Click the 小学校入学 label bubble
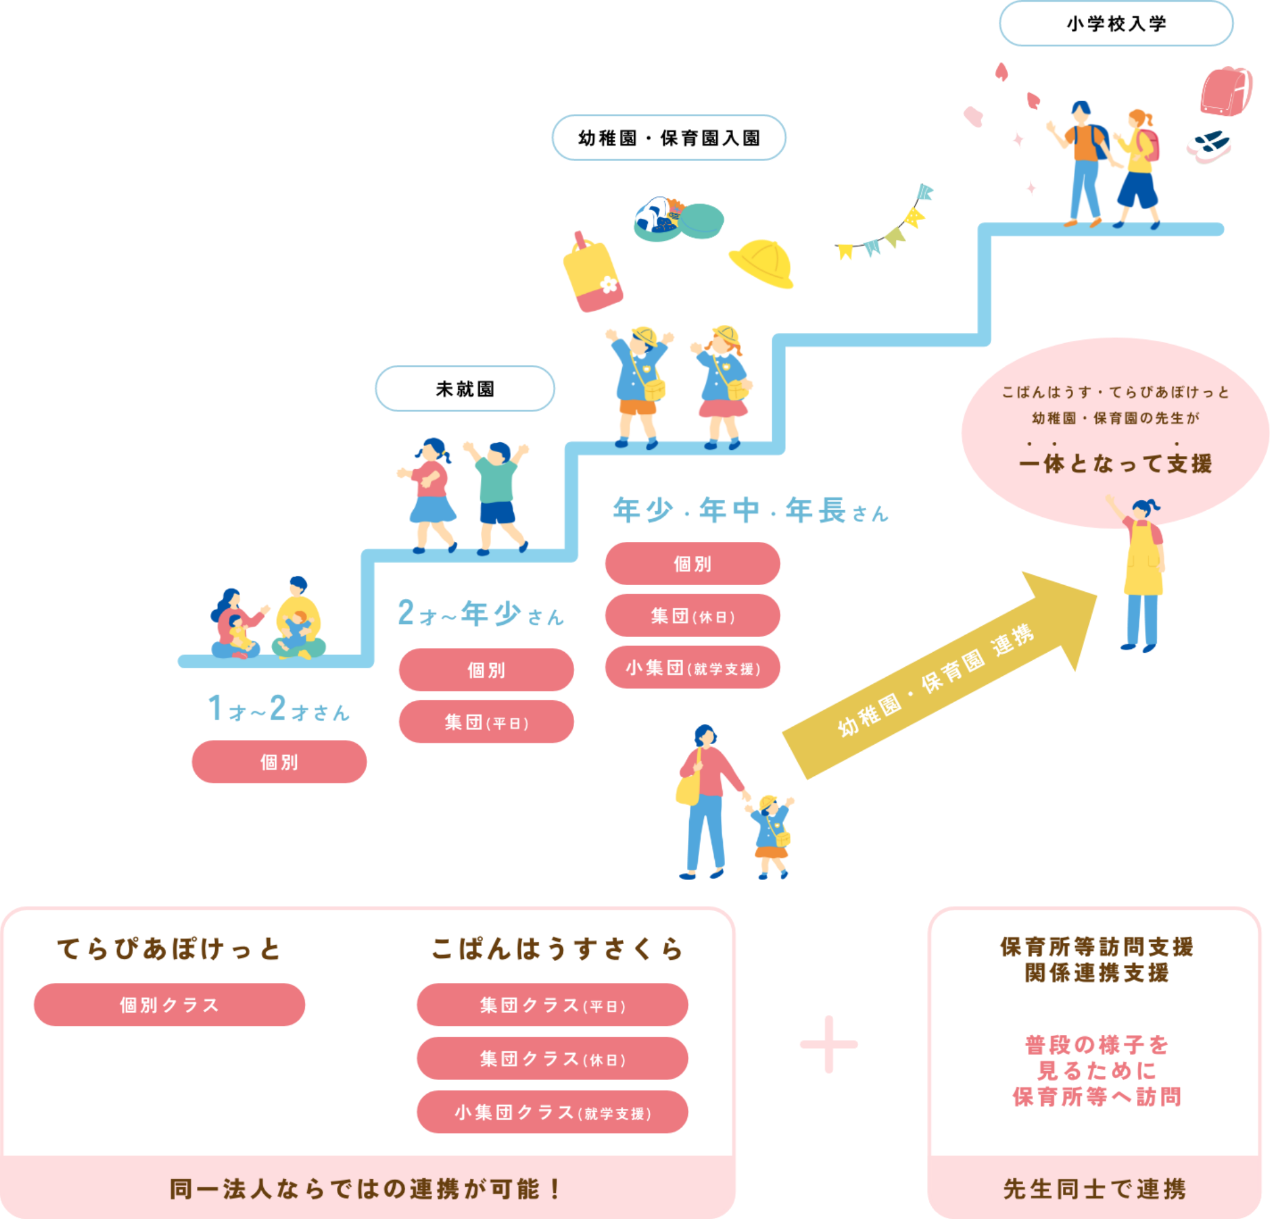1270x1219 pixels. tap(1116, 24)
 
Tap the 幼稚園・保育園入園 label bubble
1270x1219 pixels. tap(669, 138)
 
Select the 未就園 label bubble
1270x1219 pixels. tap(464, 389)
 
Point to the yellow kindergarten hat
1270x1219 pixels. tap(762, 263)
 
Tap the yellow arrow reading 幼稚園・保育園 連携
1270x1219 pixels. tap(940, 677)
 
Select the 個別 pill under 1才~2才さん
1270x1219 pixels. tap(278, 762)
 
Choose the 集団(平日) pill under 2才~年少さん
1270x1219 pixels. tap(486, 722)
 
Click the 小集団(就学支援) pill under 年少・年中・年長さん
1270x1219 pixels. tap(692, 667)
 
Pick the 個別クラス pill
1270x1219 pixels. tap(169, 1005)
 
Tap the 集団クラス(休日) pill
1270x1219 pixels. tap(552, 1059)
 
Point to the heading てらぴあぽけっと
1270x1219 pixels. tap(169, 950)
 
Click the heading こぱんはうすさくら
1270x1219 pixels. tap(556, 950)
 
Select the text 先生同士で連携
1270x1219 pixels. tap(1094, 1189)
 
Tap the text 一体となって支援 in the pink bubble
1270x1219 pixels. tap(1115, 464)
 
